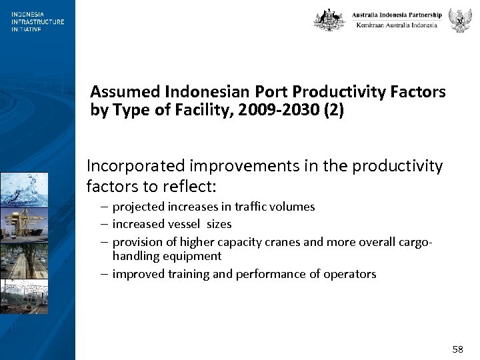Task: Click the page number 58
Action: point(457,349)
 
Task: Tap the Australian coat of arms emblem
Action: point(329,20)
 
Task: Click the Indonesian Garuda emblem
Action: point(460,20)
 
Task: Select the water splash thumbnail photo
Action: point(24,189)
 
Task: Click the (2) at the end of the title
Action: point(333,110)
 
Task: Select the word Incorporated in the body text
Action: point(136,166)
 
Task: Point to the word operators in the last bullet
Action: point(350,274)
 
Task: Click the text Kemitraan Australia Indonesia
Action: point(397,25)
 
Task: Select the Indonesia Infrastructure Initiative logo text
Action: point(37,21)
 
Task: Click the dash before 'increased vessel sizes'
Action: point(103,224)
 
